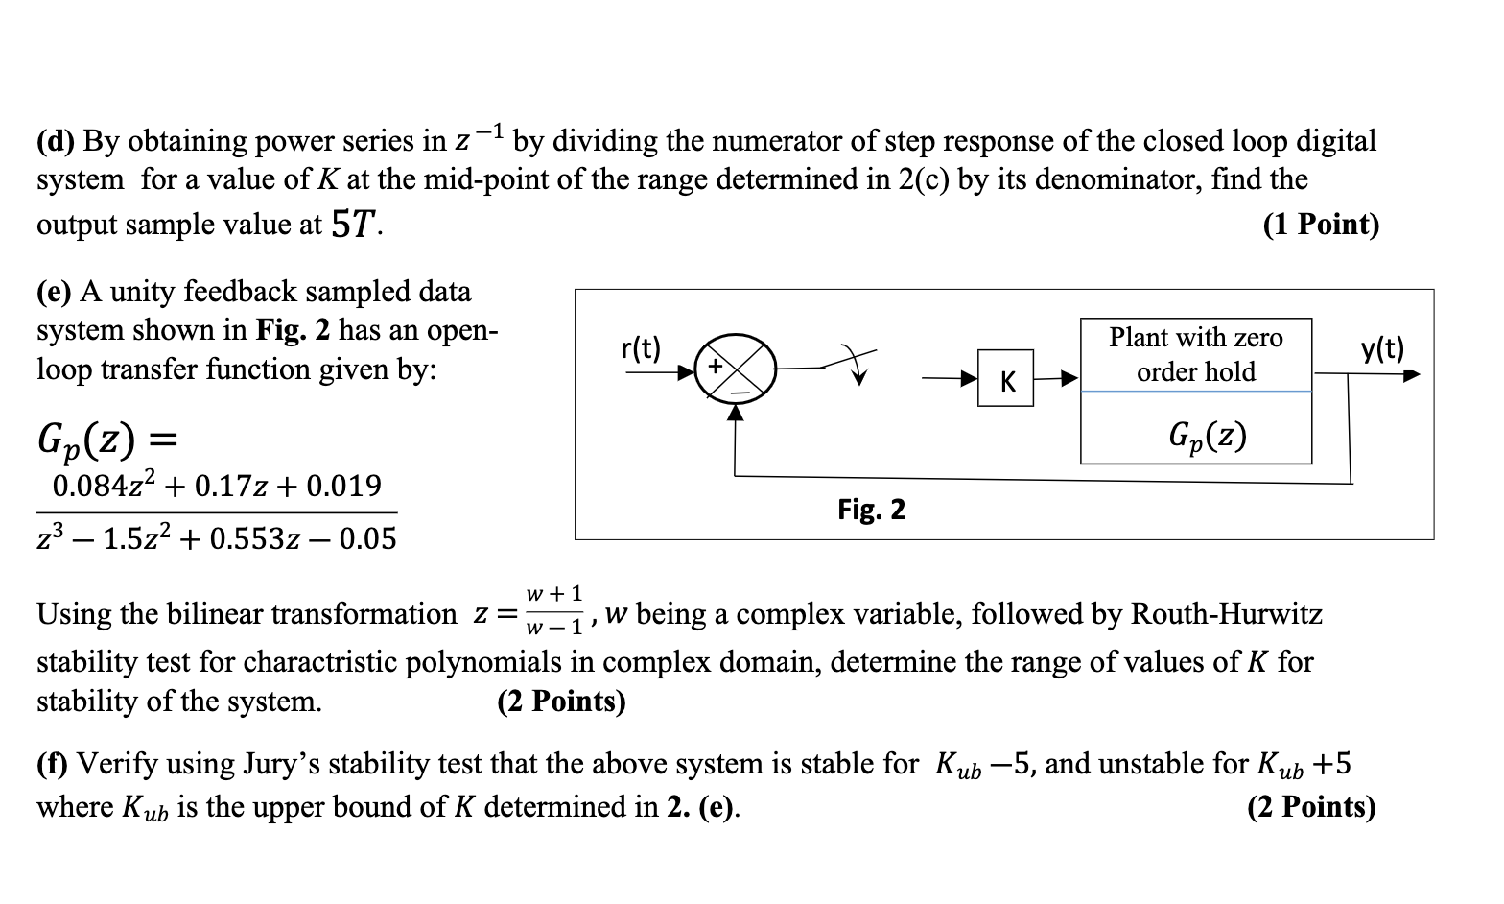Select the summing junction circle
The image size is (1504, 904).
pos(736,368)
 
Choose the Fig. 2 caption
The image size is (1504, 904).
pos(871,509)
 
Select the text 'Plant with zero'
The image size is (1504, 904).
pos(1196,338)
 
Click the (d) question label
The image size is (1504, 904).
pos(57,141)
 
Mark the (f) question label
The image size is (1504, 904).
pos(54,764)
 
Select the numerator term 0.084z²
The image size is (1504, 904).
pos(105,486)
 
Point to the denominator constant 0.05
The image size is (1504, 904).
pos(368,538)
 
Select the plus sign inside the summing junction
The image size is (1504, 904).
pos(715,367)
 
